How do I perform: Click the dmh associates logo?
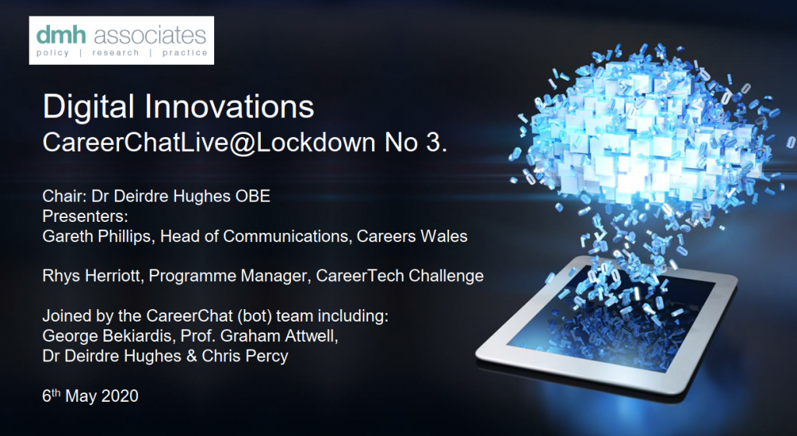121,40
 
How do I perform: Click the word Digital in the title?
90,107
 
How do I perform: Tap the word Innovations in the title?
230,106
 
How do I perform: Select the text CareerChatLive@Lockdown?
209,142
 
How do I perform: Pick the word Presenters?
84,216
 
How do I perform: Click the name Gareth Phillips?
97,236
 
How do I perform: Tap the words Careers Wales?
412,236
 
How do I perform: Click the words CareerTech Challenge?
399,276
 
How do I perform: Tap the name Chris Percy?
245,356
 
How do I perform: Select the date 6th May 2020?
90,396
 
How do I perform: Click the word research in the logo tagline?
115,53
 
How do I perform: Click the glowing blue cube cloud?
645,137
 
